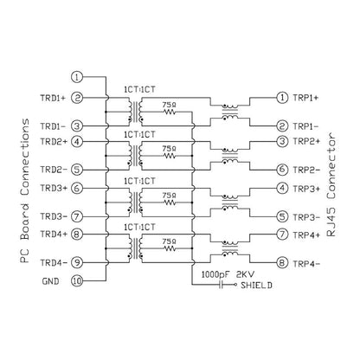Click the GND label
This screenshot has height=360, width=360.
click(x=50, y=281)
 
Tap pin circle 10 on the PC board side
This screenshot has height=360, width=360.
click(x=77, y=281)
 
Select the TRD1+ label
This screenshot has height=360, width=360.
click(x=53, y=98)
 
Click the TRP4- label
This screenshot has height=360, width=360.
click(x=306, y=264)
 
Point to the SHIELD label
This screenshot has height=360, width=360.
click(x=256, y=286)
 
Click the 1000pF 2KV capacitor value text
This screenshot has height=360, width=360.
click(x=228, y=274)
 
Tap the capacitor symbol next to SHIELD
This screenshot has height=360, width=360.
click(x=222, y=285)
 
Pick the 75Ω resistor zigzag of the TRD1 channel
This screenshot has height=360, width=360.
click(x=170, y=112)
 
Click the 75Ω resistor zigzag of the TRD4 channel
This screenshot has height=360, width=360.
click(x=170, y=248)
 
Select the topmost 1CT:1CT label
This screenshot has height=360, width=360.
click(x=139, y=89)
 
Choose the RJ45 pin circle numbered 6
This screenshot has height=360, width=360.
click(x=282, y=170)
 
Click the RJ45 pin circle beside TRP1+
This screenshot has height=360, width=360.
click(x=282, y=98)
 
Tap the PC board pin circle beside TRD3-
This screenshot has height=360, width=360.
click(x=77, y=216)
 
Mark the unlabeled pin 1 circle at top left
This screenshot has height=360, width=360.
click(x=77, y=77)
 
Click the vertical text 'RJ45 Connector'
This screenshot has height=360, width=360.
click(x=331, y=184)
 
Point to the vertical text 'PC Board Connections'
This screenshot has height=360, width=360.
click(x=25, y=190)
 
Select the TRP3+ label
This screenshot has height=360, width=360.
click(x=306, y=189)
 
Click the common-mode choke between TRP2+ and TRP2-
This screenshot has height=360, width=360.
click(x=230, y=156)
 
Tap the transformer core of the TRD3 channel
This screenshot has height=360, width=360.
click(x=135, y=202)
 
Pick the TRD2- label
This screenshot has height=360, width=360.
click(x=54, y=170)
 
